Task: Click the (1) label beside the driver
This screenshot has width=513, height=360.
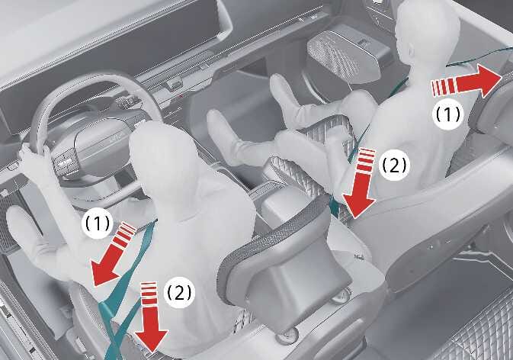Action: (x=98, y=223)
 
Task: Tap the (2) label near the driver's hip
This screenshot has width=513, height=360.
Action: (x=179, y=291)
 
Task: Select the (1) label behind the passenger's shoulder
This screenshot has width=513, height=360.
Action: (x=448, y=114)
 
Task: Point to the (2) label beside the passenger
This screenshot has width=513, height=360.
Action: (x=394, y=166)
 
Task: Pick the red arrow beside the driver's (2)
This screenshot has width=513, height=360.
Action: (x=151, y=318)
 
